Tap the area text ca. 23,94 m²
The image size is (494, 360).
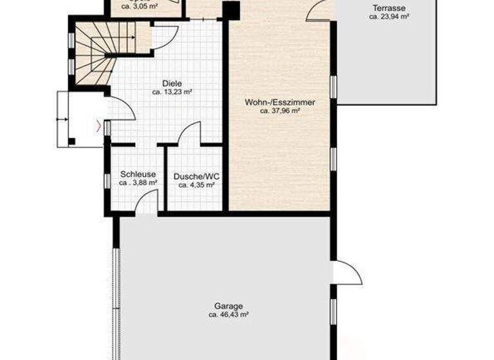point(389,17)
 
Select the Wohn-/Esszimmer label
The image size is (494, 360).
point(280,102)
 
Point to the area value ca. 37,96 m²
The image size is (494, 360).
point(280,111)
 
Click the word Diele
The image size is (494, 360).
point(172,84)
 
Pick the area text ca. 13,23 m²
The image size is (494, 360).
point(172,93)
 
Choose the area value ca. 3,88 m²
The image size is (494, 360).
point(138,183)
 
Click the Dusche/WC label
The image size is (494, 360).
point(196,177)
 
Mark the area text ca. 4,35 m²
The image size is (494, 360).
point(196,186)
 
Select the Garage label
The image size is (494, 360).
point(228,307)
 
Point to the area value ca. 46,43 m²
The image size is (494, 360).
point(228,316)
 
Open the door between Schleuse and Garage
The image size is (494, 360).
point(147,203)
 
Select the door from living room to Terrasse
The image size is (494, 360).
point(320,11)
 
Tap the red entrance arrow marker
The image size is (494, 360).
point(98,126)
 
